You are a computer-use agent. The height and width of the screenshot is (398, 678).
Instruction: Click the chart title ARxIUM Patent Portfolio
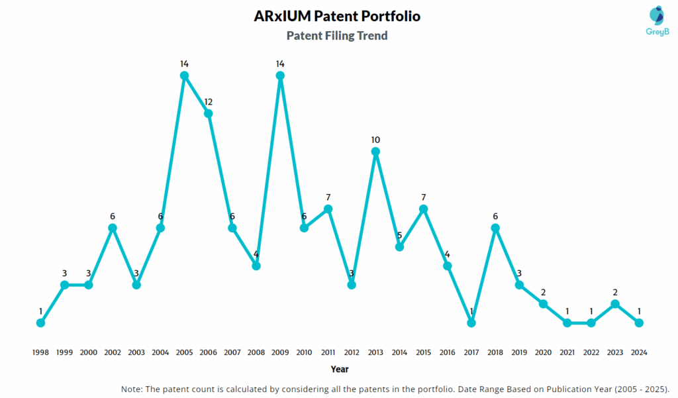[x=337, y=16]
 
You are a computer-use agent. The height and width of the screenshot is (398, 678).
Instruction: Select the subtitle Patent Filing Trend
[x=337, y=36]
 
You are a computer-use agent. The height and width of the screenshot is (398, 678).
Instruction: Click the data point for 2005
[x=185, y=75]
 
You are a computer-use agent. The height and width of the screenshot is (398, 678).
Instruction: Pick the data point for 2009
[x=280, y=75]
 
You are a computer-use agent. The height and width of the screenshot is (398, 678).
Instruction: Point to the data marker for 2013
[x=376, y=152]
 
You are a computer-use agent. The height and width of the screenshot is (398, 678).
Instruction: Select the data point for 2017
[x=471, y=323]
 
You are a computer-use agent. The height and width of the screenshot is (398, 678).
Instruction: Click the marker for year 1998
[x=41, y=323]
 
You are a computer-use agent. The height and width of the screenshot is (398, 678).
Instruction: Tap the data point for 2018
[x=495, y=228]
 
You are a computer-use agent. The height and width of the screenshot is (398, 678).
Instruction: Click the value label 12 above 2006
[x=209, y=102]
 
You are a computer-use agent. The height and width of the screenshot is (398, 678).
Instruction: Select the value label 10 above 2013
[x=376, y=140]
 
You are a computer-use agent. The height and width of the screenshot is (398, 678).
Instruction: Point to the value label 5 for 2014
[x=400, y=235]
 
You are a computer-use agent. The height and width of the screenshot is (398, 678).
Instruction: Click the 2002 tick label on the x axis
[x=113, y=353]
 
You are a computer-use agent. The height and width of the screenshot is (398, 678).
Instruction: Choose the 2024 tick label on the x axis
[x=639, y=353]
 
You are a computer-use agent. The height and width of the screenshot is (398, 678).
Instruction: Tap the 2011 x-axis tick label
[x=328, y=353]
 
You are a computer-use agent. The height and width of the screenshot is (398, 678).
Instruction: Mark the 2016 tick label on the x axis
[x=448, y=353]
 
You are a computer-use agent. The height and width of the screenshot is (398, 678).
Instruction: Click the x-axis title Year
[x=340, y=369]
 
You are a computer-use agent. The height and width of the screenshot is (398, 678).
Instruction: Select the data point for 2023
[x=615, y=304]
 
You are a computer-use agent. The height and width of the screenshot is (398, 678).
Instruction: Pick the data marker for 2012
[x=352, y=285]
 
